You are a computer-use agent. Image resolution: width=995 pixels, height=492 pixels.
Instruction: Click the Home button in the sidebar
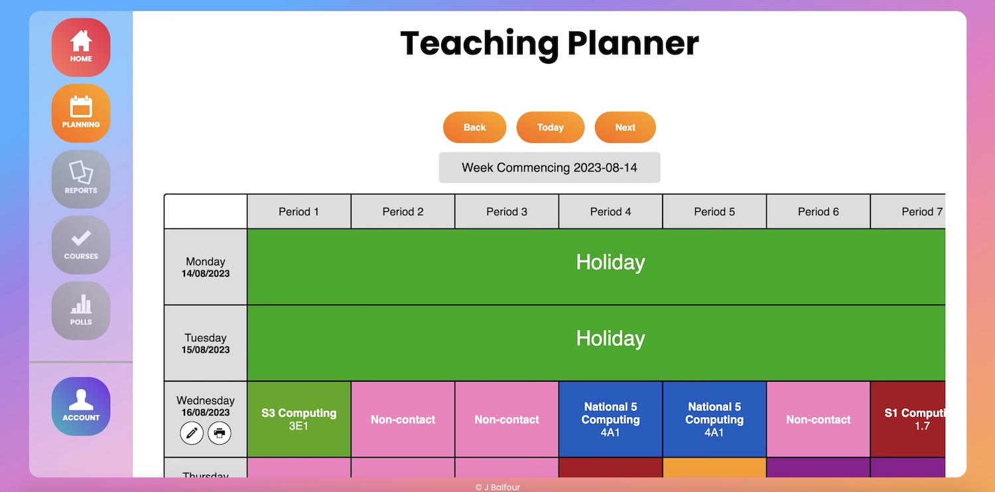click(81, 47)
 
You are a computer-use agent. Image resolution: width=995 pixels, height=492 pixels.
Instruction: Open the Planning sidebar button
click(81, 113)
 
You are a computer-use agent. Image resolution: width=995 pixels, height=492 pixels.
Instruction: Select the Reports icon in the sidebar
click(81, 179)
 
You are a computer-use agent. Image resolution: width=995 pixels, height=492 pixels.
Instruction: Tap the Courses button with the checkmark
click(81, 244)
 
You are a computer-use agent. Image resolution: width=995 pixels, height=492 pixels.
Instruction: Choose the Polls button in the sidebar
click(81, 310)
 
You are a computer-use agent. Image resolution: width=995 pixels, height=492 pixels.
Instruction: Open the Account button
click(81, 406)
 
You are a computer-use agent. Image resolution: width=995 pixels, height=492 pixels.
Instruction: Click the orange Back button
click(474, 127)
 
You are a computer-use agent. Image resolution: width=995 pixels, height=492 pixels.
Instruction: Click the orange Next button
click(625, 127)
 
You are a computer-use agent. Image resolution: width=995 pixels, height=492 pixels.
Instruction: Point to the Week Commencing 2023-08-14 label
click(549, 167)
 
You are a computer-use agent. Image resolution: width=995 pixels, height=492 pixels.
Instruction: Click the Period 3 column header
click(507, 212)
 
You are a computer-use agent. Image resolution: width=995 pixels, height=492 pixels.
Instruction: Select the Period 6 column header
click(818, 212)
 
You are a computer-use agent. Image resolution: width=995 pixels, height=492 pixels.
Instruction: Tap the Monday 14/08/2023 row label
click(205, 267)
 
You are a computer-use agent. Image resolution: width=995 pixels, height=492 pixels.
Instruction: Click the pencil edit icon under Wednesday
click(192, 433)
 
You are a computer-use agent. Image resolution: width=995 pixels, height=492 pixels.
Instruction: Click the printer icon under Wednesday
click(220, 433)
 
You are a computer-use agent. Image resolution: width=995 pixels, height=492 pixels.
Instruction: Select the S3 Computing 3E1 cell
click(299, 419)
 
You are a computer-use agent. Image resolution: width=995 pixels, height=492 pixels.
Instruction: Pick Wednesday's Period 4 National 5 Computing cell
click(610, 419)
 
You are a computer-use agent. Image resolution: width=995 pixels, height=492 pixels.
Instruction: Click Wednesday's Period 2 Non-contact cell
click(403, 419)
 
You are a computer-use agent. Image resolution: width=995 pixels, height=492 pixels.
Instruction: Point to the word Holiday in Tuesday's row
click(610, 339)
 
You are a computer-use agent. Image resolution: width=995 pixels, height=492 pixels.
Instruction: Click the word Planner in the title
click(633, 43)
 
